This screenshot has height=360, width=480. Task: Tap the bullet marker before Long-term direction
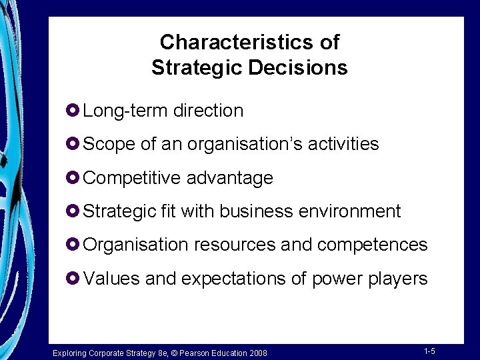74,110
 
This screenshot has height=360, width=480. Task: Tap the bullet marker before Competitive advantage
74,177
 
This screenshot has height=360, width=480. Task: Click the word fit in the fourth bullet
168,211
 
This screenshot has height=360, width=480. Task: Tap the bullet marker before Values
74,277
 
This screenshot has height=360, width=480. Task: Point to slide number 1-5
429,351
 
